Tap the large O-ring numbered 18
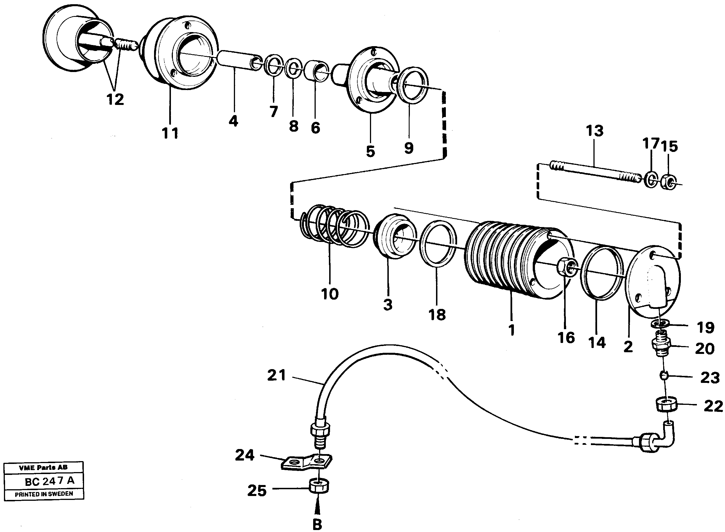[x=438, y=244]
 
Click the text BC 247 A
[x=49, y=481]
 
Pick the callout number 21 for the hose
[x=276, y=376]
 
